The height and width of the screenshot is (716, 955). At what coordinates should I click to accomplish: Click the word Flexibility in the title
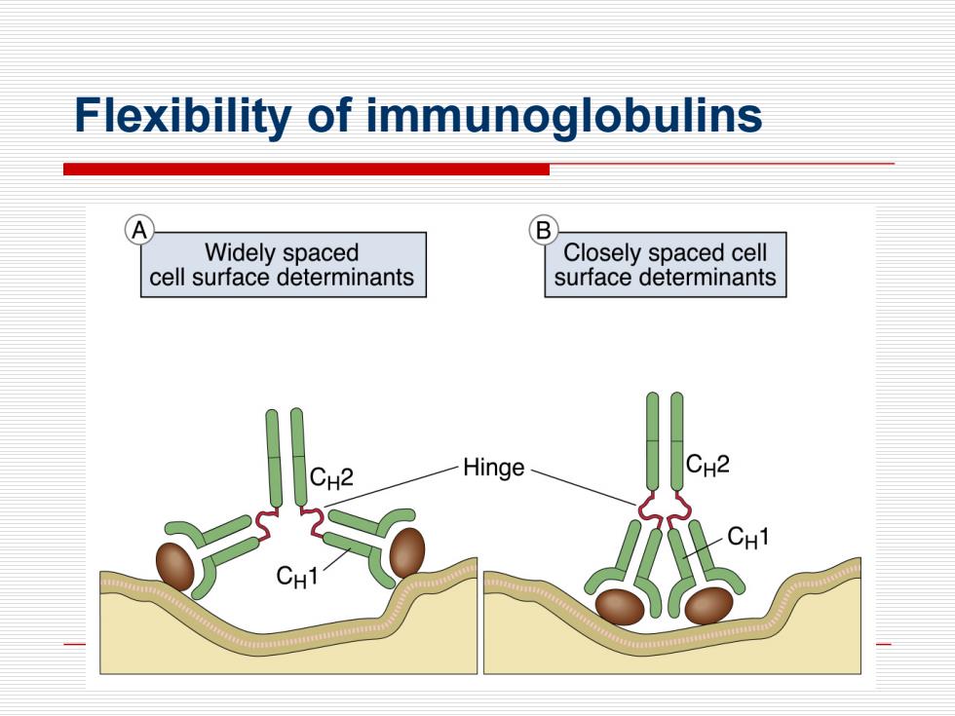coord(182,116)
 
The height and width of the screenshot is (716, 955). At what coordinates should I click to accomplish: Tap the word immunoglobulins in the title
coord(564,116)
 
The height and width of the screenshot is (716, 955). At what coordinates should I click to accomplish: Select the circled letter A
coord(139,231)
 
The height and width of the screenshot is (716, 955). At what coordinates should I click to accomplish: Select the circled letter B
coord(544,231)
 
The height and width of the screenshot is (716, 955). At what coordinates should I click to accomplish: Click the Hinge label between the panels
coord(493,468)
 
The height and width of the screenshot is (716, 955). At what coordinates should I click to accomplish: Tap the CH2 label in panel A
coord(331,477)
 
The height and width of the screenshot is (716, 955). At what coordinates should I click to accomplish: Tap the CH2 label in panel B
coord(707,466)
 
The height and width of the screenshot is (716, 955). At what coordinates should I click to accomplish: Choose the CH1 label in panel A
coord(296,576)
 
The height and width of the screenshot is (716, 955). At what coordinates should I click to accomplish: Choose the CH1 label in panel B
coord(748,537)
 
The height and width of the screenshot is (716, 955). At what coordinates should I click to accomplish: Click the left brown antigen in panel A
coord(175,567)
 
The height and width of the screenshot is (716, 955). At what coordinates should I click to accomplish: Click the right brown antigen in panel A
coord(407,553)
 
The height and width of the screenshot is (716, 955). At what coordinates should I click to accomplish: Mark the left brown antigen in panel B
coord(620,607)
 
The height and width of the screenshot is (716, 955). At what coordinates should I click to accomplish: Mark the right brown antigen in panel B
coord(709,606)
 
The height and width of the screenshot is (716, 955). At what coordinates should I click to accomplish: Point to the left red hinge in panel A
coord(265,525)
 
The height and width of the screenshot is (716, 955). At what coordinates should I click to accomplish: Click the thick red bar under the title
coord(306,170)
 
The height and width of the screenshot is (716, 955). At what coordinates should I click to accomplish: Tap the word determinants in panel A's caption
coord(345,278)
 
